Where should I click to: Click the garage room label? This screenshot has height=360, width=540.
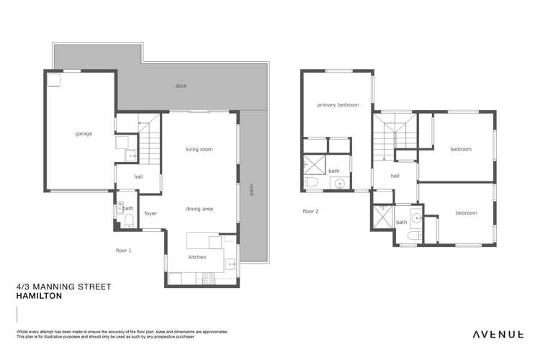(x=81, y=134)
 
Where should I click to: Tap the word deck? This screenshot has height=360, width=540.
(x=180, y=86)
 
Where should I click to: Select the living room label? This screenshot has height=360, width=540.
(x=199, y=149)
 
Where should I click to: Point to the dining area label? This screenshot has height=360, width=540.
(x=199, y=209)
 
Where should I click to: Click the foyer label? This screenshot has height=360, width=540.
(x=150, y=213)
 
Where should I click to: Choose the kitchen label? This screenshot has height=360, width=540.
(x=197, y=257)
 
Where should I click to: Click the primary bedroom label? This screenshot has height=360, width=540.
(x=338, y=105)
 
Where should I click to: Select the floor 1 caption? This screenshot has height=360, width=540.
(x=124, y=251)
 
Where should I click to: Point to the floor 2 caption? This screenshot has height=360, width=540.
(x=310, y=211)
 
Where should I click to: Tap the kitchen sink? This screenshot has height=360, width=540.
(x=230, y=264)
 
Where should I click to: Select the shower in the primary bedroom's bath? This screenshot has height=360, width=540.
(x=313, y=164)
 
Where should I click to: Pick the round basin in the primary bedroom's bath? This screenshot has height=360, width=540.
(x=340, y=184)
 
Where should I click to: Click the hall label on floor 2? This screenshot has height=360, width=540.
(x=395, y=175)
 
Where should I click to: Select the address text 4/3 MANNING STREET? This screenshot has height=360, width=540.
(x=63, y=287)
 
